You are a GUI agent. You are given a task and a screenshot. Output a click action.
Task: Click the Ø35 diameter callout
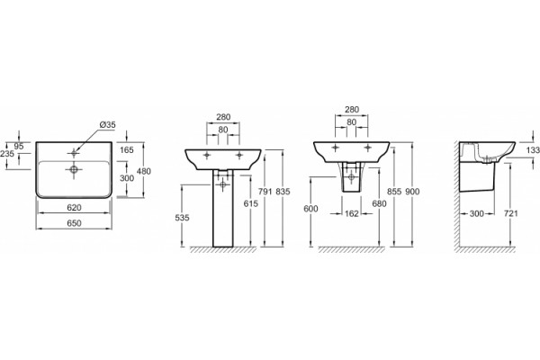108,125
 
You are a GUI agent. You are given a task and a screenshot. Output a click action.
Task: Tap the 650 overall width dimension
74,223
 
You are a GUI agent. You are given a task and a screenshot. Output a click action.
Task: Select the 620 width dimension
74,207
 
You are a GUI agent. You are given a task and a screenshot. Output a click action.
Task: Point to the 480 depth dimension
144,171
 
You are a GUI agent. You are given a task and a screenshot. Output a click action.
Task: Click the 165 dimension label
127,150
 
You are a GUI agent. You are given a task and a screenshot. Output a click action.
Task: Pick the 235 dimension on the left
7,154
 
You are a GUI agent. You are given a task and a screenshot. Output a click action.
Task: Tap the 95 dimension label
19,146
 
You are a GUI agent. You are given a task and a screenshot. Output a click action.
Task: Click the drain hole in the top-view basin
74,169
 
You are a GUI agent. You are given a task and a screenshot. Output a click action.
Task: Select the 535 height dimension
182,218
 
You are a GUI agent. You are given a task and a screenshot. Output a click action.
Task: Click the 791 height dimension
265,192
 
